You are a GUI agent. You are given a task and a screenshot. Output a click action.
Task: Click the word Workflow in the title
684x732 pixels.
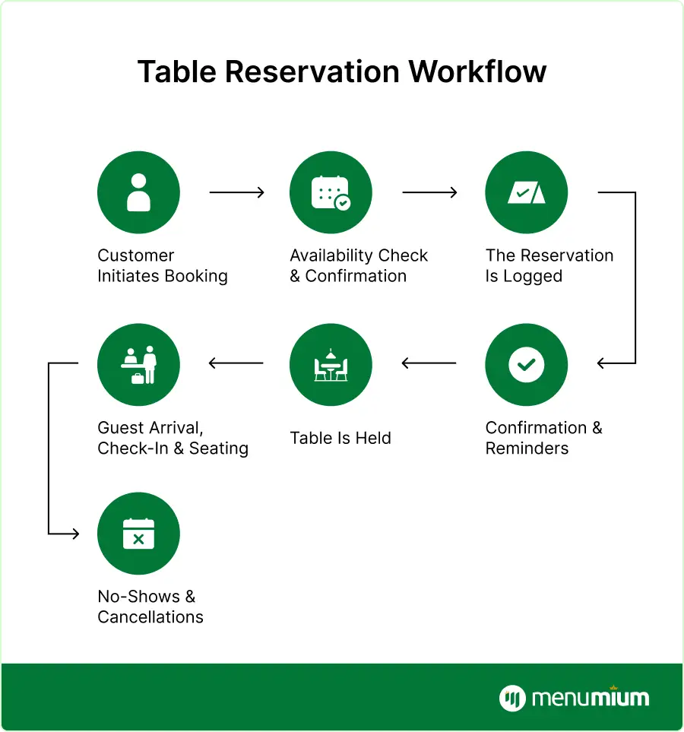tap(477, 72)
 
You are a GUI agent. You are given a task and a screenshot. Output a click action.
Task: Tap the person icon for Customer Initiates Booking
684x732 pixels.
tap(138, 192)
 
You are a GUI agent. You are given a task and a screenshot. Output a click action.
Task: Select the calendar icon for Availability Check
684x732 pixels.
tap(331, 192)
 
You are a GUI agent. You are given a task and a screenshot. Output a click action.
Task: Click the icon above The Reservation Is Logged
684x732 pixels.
tap(526, 192)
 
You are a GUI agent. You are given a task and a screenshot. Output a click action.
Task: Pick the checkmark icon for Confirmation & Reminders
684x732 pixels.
tap(526, 364)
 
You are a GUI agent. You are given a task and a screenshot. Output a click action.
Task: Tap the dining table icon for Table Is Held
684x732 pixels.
tap(331, 364)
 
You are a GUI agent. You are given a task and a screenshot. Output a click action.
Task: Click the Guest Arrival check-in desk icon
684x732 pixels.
tap(138, 364)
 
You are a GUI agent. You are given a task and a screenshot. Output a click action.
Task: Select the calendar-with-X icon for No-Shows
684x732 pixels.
tap(138, 533)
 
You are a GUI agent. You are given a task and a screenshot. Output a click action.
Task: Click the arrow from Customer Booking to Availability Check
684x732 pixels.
tap(236, 193)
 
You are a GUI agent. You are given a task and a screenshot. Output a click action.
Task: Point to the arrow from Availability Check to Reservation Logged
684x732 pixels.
tap(429, 193)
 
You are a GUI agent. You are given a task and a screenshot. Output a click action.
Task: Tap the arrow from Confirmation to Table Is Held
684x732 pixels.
tap(429, 364)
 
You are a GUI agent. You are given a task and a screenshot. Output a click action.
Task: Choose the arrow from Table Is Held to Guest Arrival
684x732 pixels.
tap(236, 364)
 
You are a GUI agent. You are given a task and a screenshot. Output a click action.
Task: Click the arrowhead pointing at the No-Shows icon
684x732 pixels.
tap(74, 534)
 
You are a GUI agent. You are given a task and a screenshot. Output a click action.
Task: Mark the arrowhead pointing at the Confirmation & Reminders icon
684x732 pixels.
tap(602, 364)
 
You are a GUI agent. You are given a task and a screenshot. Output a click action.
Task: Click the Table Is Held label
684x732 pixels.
tap(340, 438)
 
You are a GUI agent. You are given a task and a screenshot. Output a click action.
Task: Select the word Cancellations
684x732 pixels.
tap(150, 617)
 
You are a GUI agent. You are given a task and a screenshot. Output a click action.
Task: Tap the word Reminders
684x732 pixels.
tap(527, 448)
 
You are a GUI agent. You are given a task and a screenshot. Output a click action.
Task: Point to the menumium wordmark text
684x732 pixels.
tap(591, 698)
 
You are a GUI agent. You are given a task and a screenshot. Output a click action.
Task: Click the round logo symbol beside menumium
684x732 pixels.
tap(513, 698)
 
